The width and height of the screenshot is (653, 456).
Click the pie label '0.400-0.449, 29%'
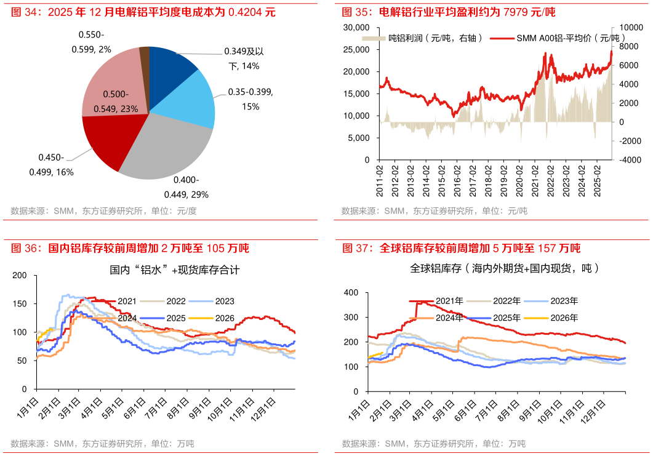pyautogui.click(x=186, y=187)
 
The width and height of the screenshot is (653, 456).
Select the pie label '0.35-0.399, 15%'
pyautogui.click(x=250, y=98)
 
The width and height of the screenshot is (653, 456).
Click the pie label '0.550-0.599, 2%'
pyautogui.click(x=95, y=42)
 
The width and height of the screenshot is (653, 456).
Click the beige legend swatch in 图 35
pyautogui.click(x=374, y=38)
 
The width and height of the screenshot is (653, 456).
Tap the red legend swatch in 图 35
pyautogui.click(x=502, y=38)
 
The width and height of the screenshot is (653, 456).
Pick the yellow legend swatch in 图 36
pyautogui.click(x=201, y=318)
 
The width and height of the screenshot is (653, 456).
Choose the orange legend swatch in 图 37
pyautogui.click(x=421, y=318)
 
